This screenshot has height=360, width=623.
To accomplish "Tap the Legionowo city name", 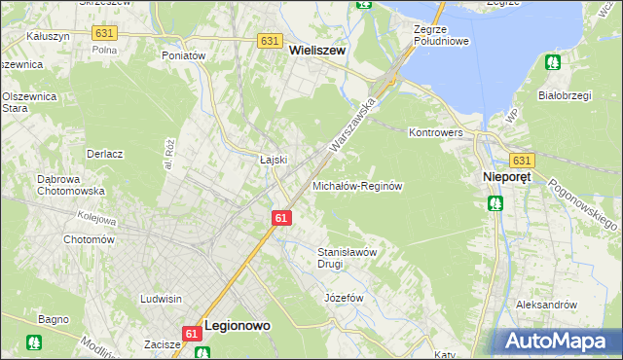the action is [x=238, y=328].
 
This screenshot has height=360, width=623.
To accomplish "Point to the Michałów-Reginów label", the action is [x=357, y=185].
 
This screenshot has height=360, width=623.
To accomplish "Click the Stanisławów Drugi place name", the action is [x=348, y=257].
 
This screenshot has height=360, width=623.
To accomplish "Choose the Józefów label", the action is [x=344, y=297].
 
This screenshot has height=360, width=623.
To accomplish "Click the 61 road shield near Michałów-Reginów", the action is [x=280, y=218].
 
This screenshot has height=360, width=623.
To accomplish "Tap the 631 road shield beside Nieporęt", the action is [x=523, y=161].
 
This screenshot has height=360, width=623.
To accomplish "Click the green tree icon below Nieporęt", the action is [x=495, y=203].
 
